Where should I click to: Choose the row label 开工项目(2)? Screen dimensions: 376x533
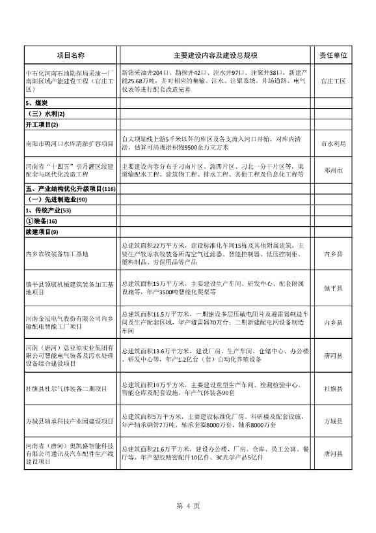click(42, 124)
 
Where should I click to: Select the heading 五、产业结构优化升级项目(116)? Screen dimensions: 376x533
click(70, 189)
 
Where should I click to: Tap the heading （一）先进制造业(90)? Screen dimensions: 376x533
click(55, 199)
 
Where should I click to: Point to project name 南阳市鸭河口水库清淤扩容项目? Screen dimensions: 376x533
click(69, 143)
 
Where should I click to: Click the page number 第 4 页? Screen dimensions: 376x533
click(187, 506)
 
